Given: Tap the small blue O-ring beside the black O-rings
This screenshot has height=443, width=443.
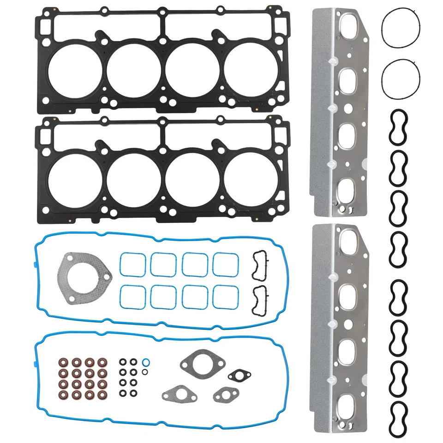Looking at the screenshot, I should tap(146, 361).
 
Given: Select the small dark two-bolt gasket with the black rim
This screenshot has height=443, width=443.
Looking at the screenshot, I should tap(239, 376).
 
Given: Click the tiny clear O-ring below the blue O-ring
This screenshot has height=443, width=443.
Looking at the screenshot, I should tap(144, 371).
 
